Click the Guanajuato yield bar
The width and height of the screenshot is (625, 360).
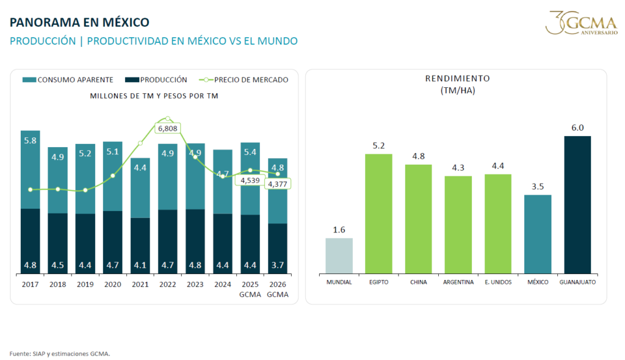[577, 204]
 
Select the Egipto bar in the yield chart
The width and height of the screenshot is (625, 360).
[378, 214]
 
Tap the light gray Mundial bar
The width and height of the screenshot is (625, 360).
[339, 256]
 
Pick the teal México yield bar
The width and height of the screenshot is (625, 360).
[538, 234]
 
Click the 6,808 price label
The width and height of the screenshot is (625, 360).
[167, 128]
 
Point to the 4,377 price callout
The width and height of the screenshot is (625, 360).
[278, 184]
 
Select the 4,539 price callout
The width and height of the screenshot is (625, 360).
[250, 180]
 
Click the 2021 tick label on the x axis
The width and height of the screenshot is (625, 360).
[140, 284]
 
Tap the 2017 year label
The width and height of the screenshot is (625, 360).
[31, 284]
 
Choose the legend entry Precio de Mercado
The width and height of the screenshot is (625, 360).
[244, 80]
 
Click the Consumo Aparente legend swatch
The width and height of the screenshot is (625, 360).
[29, 80]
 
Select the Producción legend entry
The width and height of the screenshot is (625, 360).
[156, 80]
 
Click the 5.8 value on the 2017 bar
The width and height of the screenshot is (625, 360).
[31, 140]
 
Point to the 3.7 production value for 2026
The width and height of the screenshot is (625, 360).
[278, 265]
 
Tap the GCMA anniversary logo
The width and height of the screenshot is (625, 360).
[582, 23]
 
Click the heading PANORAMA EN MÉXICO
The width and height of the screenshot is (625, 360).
[79, 23]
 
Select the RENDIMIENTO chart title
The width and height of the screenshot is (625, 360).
[458, 79]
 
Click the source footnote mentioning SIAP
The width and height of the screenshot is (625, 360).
[60, 354]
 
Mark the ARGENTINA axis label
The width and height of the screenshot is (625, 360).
[458, 283]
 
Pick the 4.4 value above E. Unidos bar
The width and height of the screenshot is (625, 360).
[498, 166]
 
